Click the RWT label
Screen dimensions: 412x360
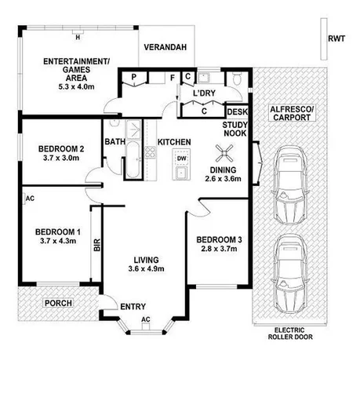click(336, 38)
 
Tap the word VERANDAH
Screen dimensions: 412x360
click(165, 48)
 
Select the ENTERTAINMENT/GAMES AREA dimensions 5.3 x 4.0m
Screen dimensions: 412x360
click(76, 77)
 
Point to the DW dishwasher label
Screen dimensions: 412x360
click(181, 159)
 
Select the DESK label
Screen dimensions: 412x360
click(237, 112)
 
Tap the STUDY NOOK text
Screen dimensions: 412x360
click(235, 129)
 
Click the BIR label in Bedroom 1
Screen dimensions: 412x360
click(97, 246)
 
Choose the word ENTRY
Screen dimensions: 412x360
click(134, 307)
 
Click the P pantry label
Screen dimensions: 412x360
click(135, 77)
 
